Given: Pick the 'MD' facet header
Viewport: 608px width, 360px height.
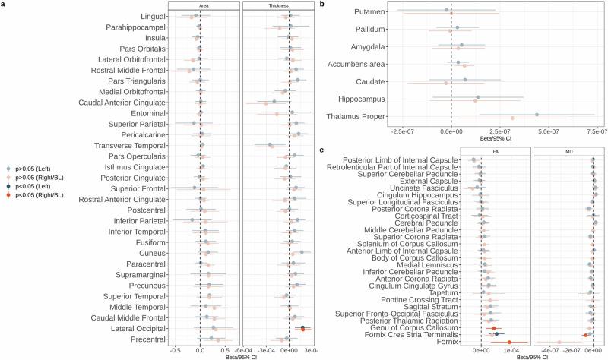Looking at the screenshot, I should tap(569, 152).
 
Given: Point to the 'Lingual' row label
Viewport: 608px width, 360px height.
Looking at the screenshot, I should tap(150, 16).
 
